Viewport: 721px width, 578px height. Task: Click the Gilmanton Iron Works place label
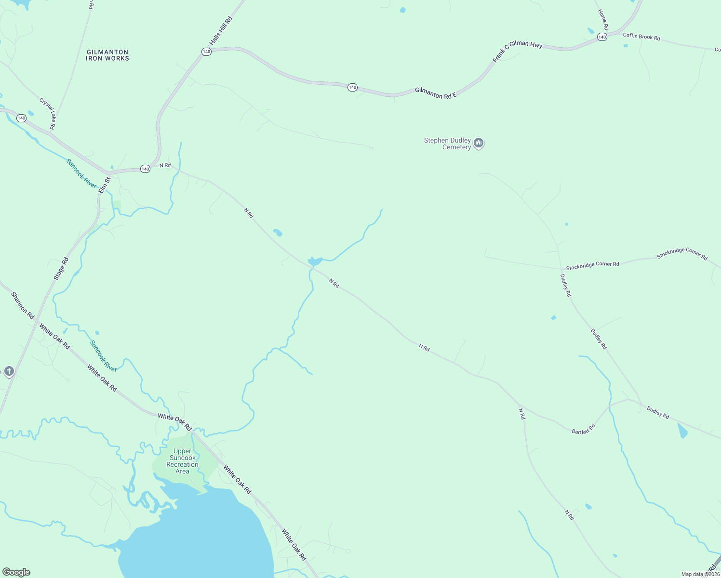point(107,55)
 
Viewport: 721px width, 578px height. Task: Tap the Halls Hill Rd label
point(221,31)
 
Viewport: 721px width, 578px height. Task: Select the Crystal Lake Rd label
point(47,114)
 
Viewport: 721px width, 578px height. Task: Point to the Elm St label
point(105,185)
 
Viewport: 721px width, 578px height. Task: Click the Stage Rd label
point(61,269)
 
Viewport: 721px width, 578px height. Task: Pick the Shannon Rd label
point(23,305)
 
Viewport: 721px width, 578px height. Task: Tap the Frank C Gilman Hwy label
point(517,52)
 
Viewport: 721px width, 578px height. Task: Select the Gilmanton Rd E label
point(436,93)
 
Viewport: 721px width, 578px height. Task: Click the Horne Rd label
point(603,19)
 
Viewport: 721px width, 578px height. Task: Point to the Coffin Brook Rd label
point(641,37)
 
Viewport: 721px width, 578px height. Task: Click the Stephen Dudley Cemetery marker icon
point(479,143)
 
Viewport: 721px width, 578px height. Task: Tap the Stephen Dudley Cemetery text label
point(447,144)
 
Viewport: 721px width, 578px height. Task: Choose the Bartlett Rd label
point(584,429)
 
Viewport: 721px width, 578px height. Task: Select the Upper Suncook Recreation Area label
point(182,461)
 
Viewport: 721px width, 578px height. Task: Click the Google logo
point(16,572)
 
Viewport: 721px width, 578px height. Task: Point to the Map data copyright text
point(700,574)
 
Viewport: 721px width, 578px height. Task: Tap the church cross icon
point(9,371)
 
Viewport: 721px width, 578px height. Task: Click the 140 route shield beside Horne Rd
point(601,37)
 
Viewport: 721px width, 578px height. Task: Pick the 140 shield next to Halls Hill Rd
point(206,52)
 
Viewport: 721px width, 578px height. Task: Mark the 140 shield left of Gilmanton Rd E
point(353,87)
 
